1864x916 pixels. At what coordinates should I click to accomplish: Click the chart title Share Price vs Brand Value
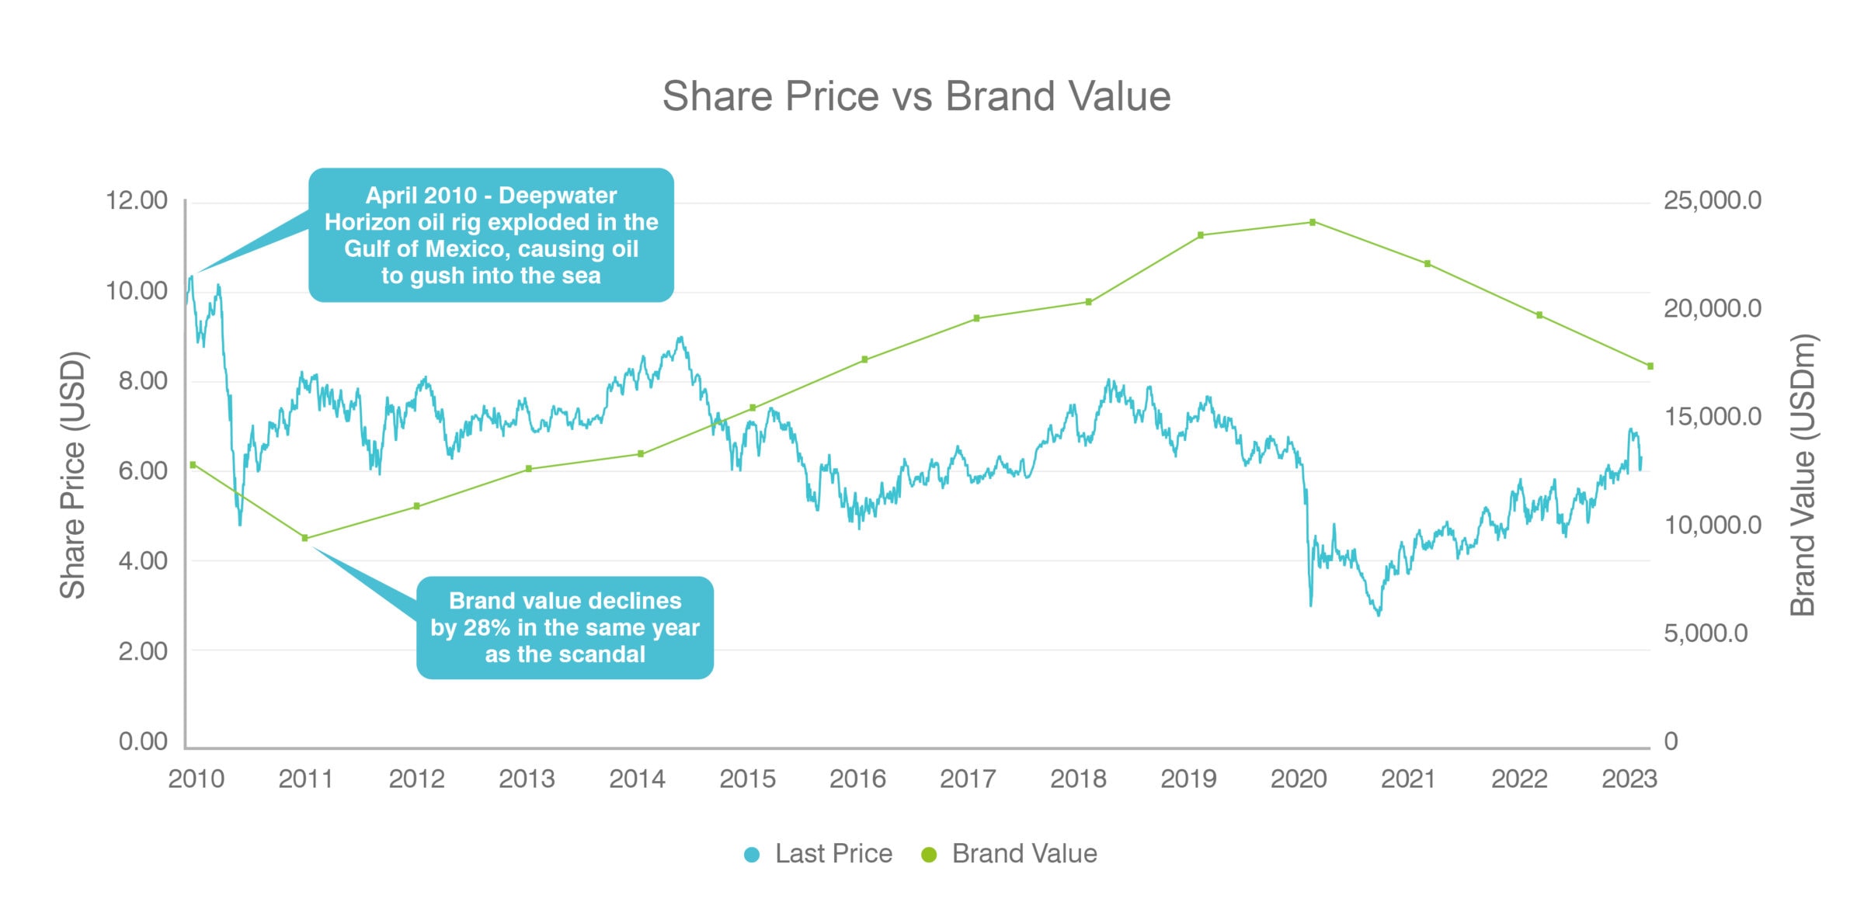pos(916,96)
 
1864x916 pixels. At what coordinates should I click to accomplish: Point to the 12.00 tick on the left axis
pos(137,200)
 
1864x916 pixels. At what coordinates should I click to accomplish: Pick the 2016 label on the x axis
pos(857,779)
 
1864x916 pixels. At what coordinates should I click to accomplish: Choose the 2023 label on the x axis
pos(1629,779)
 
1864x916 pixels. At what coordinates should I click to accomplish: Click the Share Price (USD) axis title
pos(73,475)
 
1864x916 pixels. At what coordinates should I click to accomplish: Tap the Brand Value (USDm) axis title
pos(1802,475)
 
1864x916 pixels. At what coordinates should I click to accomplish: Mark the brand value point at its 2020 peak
pos(1313,222)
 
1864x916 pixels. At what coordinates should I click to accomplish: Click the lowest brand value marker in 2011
pos(304,538)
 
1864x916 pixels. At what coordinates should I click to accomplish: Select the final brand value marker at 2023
pos(1650,366)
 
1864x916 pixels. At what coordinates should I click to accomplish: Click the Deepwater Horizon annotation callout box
pos(491,235)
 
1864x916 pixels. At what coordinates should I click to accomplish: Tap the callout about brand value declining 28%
pos(565,628)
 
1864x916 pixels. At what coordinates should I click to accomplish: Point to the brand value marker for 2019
pos(1201,235)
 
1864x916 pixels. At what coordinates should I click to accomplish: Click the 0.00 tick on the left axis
pos(143,741)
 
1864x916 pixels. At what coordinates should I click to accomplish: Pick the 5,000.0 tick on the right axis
pos(1705,633)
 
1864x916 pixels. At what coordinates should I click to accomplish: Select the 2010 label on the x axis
pos(196,779)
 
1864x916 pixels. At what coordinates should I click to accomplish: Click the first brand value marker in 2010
pos(193,465)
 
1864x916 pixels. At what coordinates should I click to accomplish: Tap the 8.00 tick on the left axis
pos(143,381)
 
